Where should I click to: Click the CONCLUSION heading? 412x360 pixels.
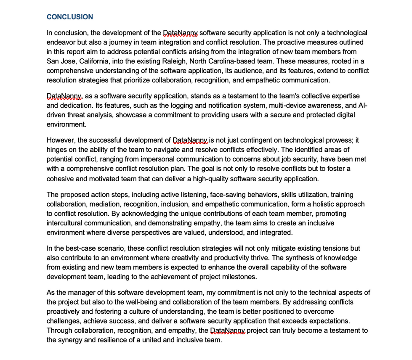[x=70, y=17]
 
